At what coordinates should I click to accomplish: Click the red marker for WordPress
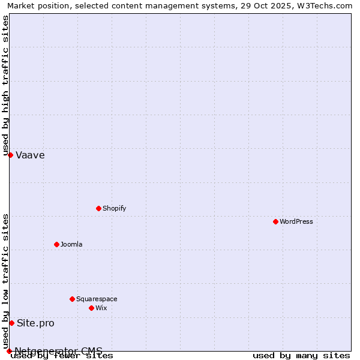[x=275, y=221]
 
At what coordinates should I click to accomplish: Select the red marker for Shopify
[x=98, y=208]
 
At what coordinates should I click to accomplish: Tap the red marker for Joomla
[x=56, y=244]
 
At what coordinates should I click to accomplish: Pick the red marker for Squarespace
[x=72, y=299]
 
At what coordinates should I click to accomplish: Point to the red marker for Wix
[x=91, y=308]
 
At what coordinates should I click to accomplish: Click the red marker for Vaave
[x=10, y=155]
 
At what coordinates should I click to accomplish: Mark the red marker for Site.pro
[x=11, y=323]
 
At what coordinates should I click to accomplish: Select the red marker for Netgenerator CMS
[x=9, y=351]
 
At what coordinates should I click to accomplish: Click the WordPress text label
[x=296, y=221]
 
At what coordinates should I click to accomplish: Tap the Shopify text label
[x=115, y=208]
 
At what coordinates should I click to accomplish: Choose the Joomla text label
[x=71, y=244]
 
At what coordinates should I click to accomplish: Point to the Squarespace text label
[x=97, y=299]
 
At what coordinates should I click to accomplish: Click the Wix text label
[x=101, y=308]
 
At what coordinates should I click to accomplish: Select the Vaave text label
[x=30, y=155]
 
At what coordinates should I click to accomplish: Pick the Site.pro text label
[x=35, y=323]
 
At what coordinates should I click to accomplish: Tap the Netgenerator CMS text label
[x=58, y=351]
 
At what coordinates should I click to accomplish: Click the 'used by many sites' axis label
[x=301, y=356]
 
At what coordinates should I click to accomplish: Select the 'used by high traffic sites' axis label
[x=5, y=86]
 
